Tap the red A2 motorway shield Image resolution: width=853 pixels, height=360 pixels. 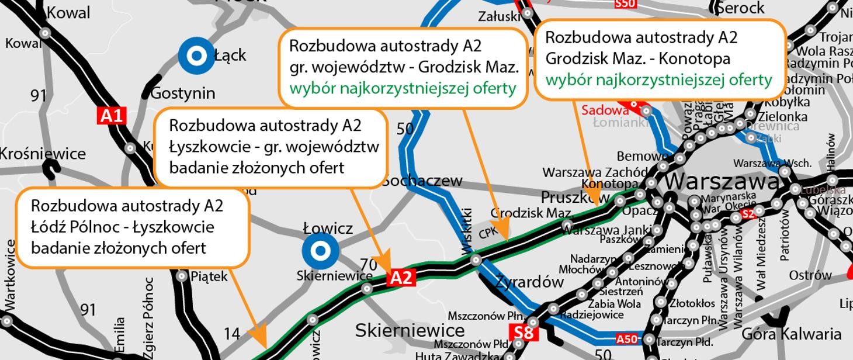(x=401, y=277)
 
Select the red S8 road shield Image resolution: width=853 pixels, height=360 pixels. (x=524, y=333)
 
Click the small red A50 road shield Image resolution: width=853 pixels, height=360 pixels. (x=627, y=339)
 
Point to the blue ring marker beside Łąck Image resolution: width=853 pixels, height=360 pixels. (x=197, y=56)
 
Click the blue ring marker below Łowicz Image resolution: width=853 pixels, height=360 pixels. (x=320, y=250)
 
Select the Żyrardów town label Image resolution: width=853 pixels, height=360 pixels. (x=529, y=282)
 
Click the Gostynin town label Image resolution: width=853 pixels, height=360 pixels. (x=182, y=93)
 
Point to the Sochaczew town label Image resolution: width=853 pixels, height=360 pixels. (x=422, y=181)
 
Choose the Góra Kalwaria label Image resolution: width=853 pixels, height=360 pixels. (x=791, y=334)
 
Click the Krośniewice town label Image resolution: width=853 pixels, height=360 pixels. (x=43, y=154)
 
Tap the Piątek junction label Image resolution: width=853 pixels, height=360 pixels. (x=209, y=276)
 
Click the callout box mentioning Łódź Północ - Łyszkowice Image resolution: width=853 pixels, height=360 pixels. (x=133, y=227)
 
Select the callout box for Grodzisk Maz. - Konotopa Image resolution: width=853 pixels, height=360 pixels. (x=659, y=58)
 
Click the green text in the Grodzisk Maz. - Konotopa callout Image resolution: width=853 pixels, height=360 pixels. (x=658, y=79)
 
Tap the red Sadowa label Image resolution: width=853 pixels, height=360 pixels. (x=605, y=110)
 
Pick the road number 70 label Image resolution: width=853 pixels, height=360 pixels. (x=368, y=265)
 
